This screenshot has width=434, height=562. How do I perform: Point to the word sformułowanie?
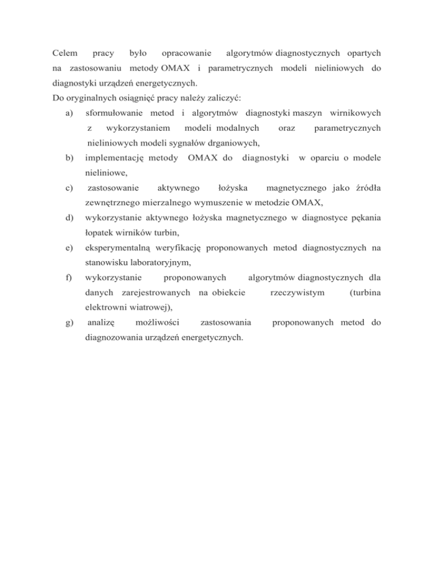[113, 113]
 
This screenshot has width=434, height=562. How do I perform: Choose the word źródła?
[365, 187]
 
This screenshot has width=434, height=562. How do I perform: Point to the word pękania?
[364, 217]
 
